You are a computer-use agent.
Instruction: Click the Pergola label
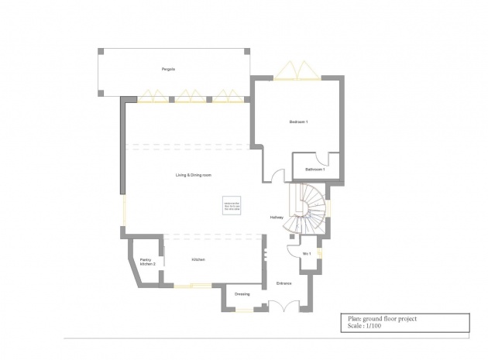tap(168, 70)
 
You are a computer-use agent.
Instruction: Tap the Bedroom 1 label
tap(299, 123)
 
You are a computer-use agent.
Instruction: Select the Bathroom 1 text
tap(314, 169)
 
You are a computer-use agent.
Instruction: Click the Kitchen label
tap(198, 259)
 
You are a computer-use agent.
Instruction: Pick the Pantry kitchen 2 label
tap(147, 262)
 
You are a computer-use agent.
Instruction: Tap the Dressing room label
tap(242, 295)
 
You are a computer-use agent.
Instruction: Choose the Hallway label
tap(277, 218)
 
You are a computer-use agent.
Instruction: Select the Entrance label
tap(284, 283)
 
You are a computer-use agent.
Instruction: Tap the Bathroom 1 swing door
tap(332, 160)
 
